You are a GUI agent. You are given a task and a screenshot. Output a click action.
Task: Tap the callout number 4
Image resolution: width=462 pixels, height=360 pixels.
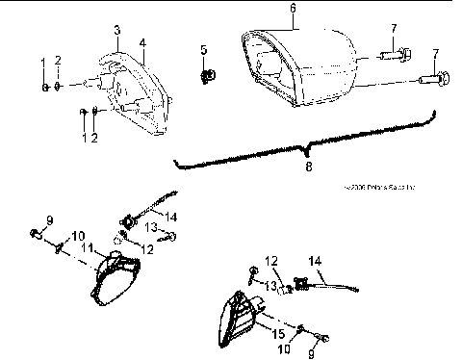pos(142,43)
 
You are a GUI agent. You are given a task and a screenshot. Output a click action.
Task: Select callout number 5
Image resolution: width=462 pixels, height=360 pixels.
pos(203,49)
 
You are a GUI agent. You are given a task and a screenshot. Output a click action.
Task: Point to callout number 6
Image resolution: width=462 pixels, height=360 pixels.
pos(293,7)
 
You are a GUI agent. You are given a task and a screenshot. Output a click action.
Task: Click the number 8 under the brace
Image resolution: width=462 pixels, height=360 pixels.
pos(308,167)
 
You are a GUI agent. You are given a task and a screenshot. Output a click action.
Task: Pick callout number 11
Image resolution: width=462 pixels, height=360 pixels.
pos(87,247)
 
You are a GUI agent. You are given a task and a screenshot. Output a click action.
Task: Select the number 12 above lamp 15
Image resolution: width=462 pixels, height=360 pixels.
pos(271,259)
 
